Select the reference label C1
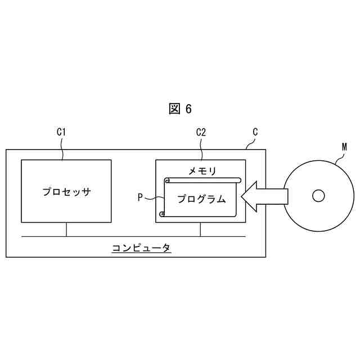coord(62,133)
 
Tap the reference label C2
coord(201,133)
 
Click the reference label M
coord(344,147)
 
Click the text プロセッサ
coord(66,191)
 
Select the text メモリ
coord(201,170)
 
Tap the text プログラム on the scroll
coord(201,199)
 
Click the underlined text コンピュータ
coord(141,247)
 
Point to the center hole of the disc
coord(318,195)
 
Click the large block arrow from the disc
coord(263,196)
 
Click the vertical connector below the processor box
coord(66,229)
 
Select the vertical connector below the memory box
coord(201,229)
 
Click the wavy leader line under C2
coord(201,149)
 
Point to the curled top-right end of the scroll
coord(238,180)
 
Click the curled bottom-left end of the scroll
coord(162,214)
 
